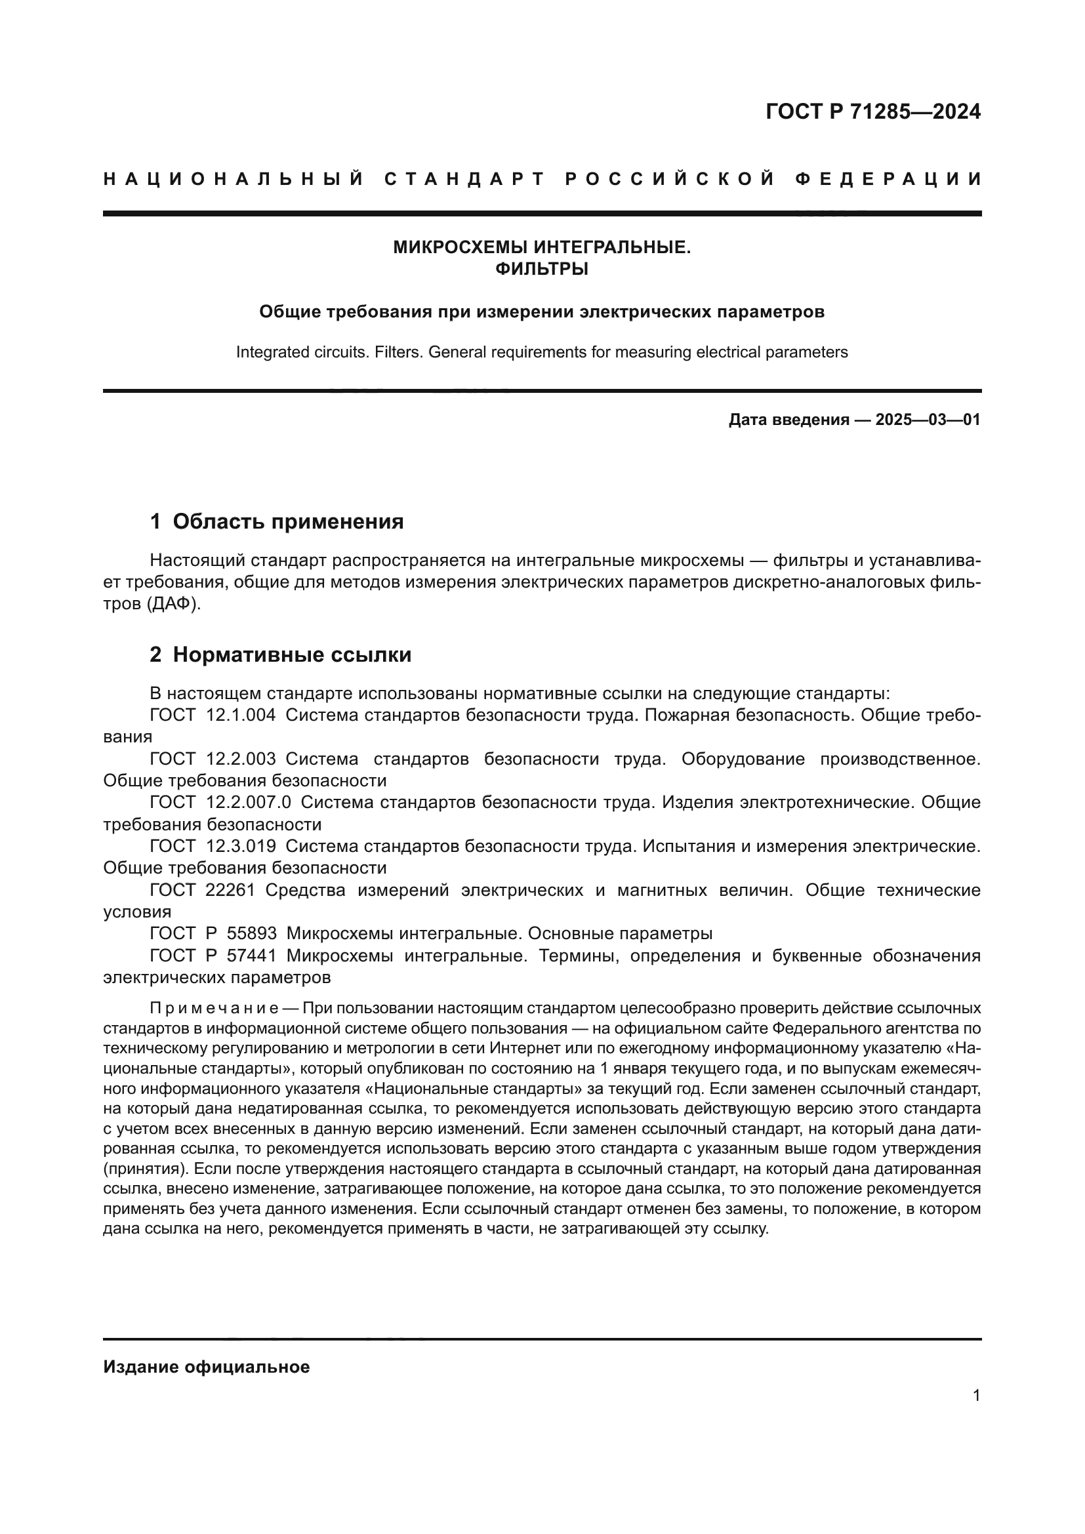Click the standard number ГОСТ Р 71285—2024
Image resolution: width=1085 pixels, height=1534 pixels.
(872, 111)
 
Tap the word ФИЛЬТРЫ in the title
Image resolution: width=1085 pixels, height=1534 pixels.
(542, 270)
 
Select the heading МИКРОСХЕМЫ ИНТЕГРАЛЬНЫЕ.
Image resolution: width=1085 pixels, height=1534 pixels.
(542, 248)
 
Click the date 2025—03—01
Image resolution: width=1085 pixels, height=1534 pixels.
(928, 420)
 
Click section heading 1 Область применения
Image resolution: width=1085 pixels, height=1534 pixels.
(277, 521)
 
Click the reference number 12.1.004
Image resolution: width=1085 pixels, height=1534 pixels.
(241, 716)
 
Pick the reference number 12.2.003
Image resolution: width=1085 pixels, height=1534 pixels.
(241, 759)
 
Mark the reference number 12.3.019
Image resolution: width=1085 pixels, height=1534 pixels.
(241, 847)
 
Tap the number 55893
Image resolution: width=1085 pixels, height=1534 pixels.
(251, 933)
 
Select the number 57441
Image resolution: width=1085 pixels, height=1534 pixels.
(251, 956)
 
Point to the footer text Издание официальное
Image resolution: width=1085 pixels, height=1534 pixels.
(207, 1367)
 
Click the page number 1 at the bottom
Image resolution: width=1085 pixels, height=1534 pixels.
(976, 1396)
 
